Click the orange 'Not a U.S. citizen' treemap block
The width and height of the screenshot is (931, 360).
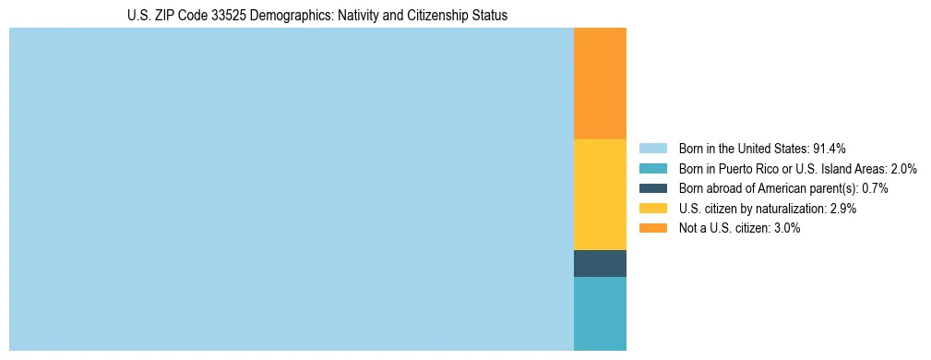click(x=600, y=83)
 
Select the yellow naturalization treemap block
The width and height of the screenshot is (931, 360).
click(x=600, y=194)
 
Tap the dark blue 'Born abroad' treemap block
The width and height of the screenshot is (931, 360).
click(x=600, y=263)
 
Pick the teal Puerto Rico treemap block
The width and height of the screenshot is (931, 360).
click(x=600, y=314)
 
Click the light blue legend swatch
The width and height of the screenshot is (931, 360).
click(x=652, y=148)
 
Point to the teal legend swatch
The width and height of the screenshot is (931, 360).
click(x=652, y=168)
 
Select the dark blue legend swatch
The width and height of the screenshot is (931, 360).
click(x=652, y=188)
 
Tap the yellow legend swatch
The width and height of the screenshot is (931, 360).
click(x=652, y=209)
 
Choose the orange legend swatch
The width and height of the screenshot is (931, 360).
click(x=652, y=228)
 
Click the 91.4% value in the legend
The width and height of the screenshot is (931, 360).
click(x=829, y=148)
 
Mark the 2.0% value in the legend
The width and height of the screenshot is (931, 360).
click(x=903, y=168)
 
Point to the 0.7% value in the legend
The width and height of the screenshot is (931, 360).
click(x=875, y=188)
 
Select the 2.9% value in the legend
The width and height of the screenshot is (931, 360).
click(x=842, y=209)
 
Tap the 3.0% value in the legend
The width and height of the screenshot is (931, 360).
click(x=785, y=228)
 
